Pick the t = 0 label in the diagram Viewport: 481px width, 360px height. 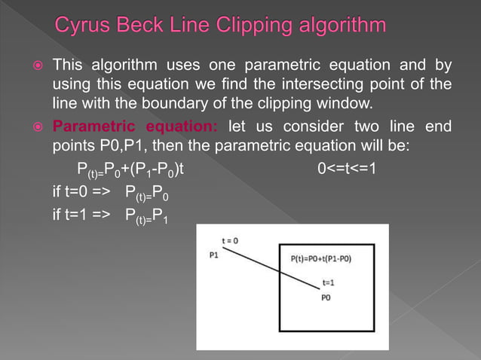click(230, 240)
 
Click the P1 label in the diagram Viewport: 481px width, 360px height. click(215, 255)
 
